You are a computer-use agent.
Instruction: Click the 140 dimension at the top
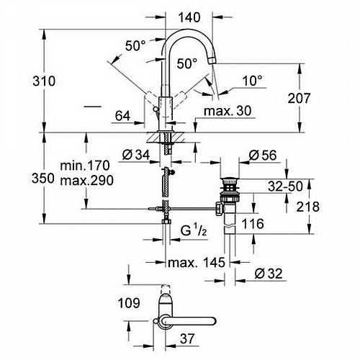tap(189, 17)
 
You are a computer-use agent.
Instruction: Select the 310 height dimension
tap(44, 81)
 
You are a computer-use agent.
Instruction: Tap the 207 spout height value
tap(299, 98)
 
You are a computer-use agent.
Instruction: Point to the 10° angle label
tap(253, 81)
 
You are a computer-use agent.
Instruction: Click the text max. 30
tap(228, 111)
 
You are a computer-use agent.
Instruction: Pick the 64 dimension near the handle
tap(122, 116)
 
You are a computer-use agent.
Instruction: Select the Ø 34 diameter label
tap(136, 155)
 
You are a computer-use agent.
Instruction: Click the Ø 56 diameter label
tap(263, 156)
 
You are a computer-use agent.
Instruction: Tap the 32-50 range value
tap(285, 186)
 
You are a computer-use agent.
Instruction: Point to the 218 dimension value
tap(308, 207)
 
